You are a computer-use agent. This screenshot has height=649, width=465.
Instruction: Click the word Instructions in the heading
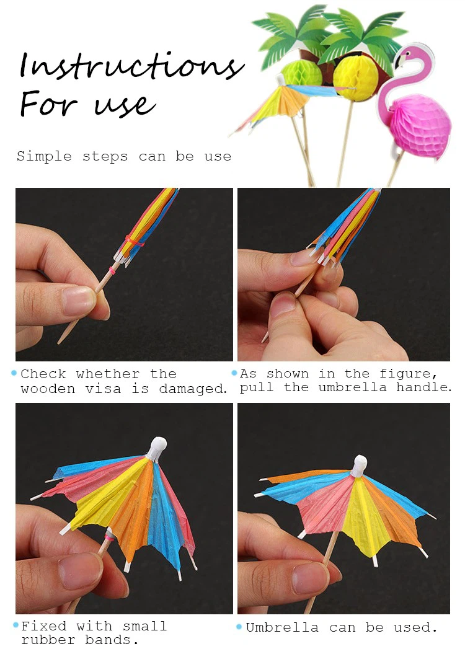131,66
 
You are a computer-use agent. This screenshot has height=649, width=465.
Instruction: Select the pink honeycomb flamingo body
420,126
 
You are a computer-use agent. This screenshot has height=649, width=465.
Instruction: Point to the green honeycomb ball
302,74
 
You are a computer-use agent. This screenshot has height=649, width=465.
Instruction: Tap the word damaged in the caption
193,389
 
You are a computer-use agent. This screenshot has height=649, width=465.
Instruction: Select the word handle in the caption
423,387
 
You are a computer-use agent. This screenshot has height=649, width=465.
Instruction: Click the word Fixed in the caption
43,626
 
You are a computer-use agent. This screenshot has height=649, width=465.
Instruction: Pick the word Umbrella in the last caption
282,627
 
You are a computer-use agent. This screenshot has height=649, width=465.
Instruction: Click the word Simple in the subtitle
44,157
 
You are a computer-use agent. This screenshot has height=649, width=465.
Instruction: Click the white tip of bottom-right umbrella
359,464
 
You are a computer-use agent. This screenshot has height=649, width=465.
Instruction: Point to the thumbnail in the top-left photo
78,300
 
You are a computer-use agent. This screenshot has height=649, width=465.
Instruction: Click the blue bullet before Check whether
14,374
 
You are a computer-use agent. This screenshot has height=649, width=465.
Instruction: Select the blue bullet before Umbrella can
239,627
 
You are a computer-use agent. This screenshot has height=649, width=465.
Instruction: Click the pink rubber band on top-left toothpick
112,271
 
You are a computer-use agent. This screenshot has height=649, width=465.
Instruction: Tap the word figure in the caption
408,374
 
